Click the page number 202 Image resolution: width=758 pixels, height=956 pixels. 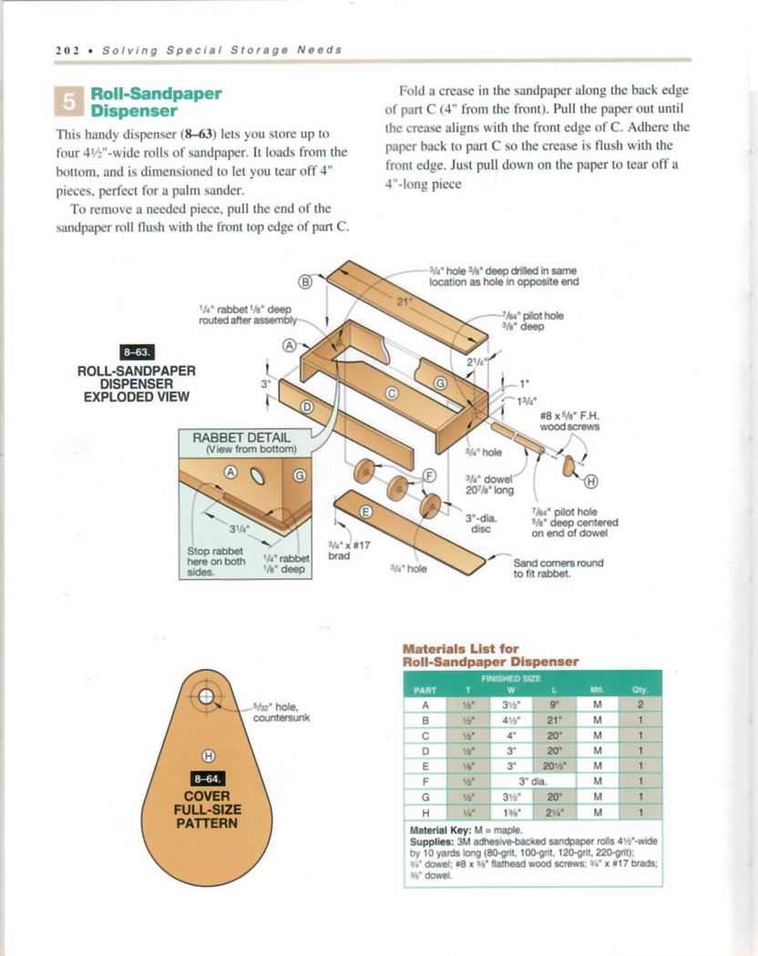(67, 50)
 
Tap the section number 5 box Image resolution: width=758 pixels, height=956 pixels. (69, 101)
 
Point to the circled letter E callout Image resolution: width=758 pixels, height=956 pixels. (365, 512)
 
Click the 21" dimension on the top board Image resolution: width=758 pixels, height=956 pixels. (402, 300)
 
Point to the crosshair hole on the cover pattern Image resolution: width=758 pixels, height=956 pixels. (207, 698)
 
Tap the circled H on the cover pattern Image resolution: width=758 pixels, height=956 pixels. (208, 755)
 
